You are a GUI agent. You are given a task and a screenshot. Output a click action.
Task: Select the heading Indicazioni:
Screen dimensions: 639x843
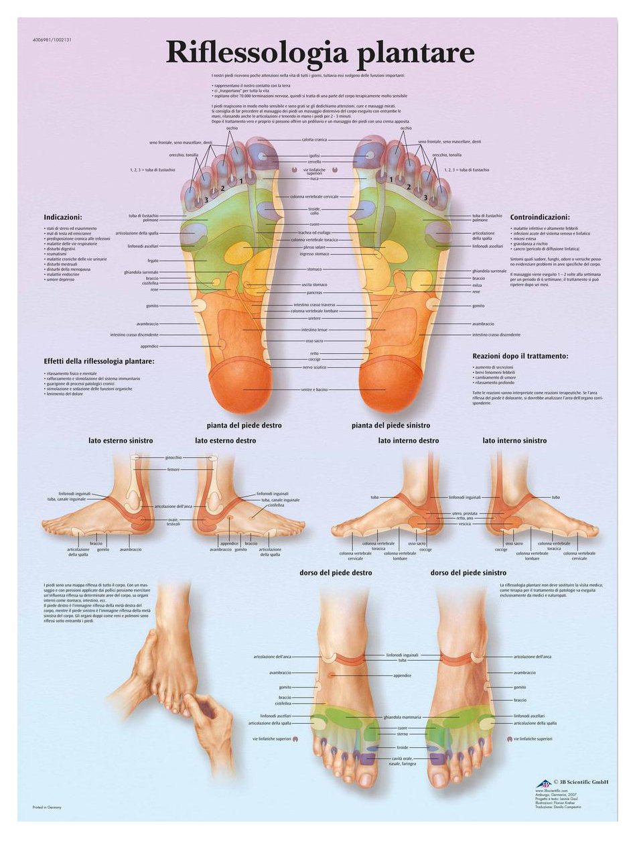pyautogui.click(x=63, y=217)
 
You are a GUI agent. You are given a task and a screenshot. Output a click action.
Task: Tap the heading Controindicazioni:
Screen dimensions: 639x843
pyautogui.click(x=540, y=217)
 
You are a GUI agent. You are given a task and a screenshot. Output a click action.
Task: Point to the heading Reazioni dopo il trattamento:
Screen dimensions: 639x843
pyautogui.click(x=520, y=356)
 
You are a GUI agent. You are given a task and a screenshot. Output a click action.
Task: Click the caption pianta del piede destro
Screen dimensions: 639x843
pyautogui.click(x=244, y=426)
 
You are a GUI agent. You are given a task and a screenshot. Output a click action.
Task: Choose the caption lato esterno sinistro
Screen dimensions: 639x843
pyautogui.click(x=121, y=440)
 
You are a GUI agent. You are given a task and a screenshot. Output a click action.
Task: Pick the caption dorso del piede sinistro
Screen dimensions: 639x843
pyautogui.click(x=468, y=573)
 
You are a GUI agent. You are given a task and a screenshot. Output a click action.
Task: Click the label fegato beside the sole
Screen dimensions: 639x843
pyautogui.click(x=153, y=261)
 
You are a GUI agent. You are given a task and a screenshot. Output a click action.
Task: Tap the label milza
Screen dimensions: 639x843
pyautogui.click(x=477, y=285)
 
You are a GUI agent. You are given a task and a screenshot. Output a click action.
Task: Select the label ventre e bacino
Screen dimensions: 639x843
pyautogui.click(x=314, y=389)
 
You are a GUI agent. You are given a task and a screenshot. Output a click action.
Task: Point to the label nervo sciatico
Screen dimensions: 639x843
pyautogui.click(x=314, y=367)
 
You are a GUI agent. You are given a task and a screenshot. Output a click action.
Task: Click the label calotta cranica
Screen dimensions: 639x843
pyautogui.click(x=314, y=139)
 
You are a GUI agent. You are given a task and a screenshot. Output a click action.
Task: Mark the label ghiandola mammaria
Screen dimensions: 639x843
pyautogui.click(x=403, y=718)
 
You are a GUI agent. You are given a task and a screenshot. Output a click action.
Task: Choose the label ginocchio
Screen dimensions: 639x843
pyautogui.click(x=173, y=457)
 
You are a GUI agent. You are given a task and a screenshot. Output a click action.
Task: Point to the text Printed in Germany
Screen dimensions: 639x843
pyautogui.click(x=47, y=807)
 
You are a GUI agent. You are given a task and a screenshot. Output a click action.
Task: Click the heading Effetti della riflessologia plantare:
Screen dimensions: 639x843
pyautogui.click(x=99, y=361)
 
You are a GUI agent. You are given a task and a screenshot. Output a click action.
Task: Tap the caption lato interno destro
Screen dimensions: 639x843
pyautogui.click(x=409, y=440)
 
